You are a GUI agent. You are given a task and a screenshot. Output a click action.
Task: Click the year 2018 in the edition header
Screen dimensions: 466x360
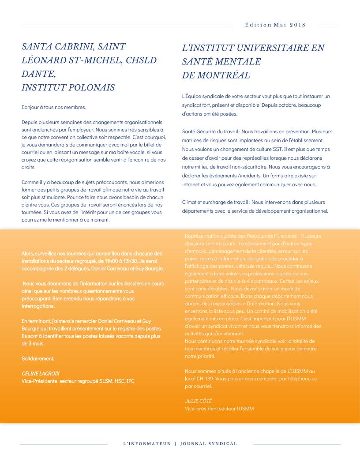tap(298, 25)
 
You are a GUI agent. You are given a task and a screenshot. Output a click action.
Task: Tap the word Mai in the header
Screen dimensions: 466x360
tap(280, 25)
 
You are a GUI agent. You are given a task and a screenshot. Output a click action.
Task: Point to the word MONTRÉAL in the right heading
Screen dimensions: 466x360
tap(223, 75)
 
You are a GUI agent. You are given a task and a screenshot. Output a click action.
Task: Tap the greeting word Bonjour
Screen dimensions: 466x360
tap(30, 107)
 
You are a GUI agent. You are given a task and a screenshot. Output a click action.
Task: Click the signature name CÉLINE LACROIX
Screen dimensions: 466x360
tap(41, 373)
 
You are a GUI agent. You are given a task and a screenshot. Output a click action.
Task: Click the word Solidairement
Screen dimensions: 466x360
tap(38, 358)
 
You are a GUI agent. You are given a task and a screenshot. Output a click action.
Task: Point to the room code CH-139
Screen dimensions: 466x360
tap(206, 379)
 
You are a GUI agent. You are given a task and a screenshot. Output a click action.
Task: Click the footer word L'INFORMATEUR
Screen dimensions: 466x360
tap(146, 443)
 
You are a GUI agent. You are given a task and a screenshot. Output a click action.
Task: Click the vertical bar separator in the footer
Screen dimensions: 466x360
tap(175, 443)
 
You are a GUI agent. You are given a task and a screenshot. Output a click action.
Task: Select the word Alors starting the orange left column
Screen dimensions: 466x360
tap(28, 253)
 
